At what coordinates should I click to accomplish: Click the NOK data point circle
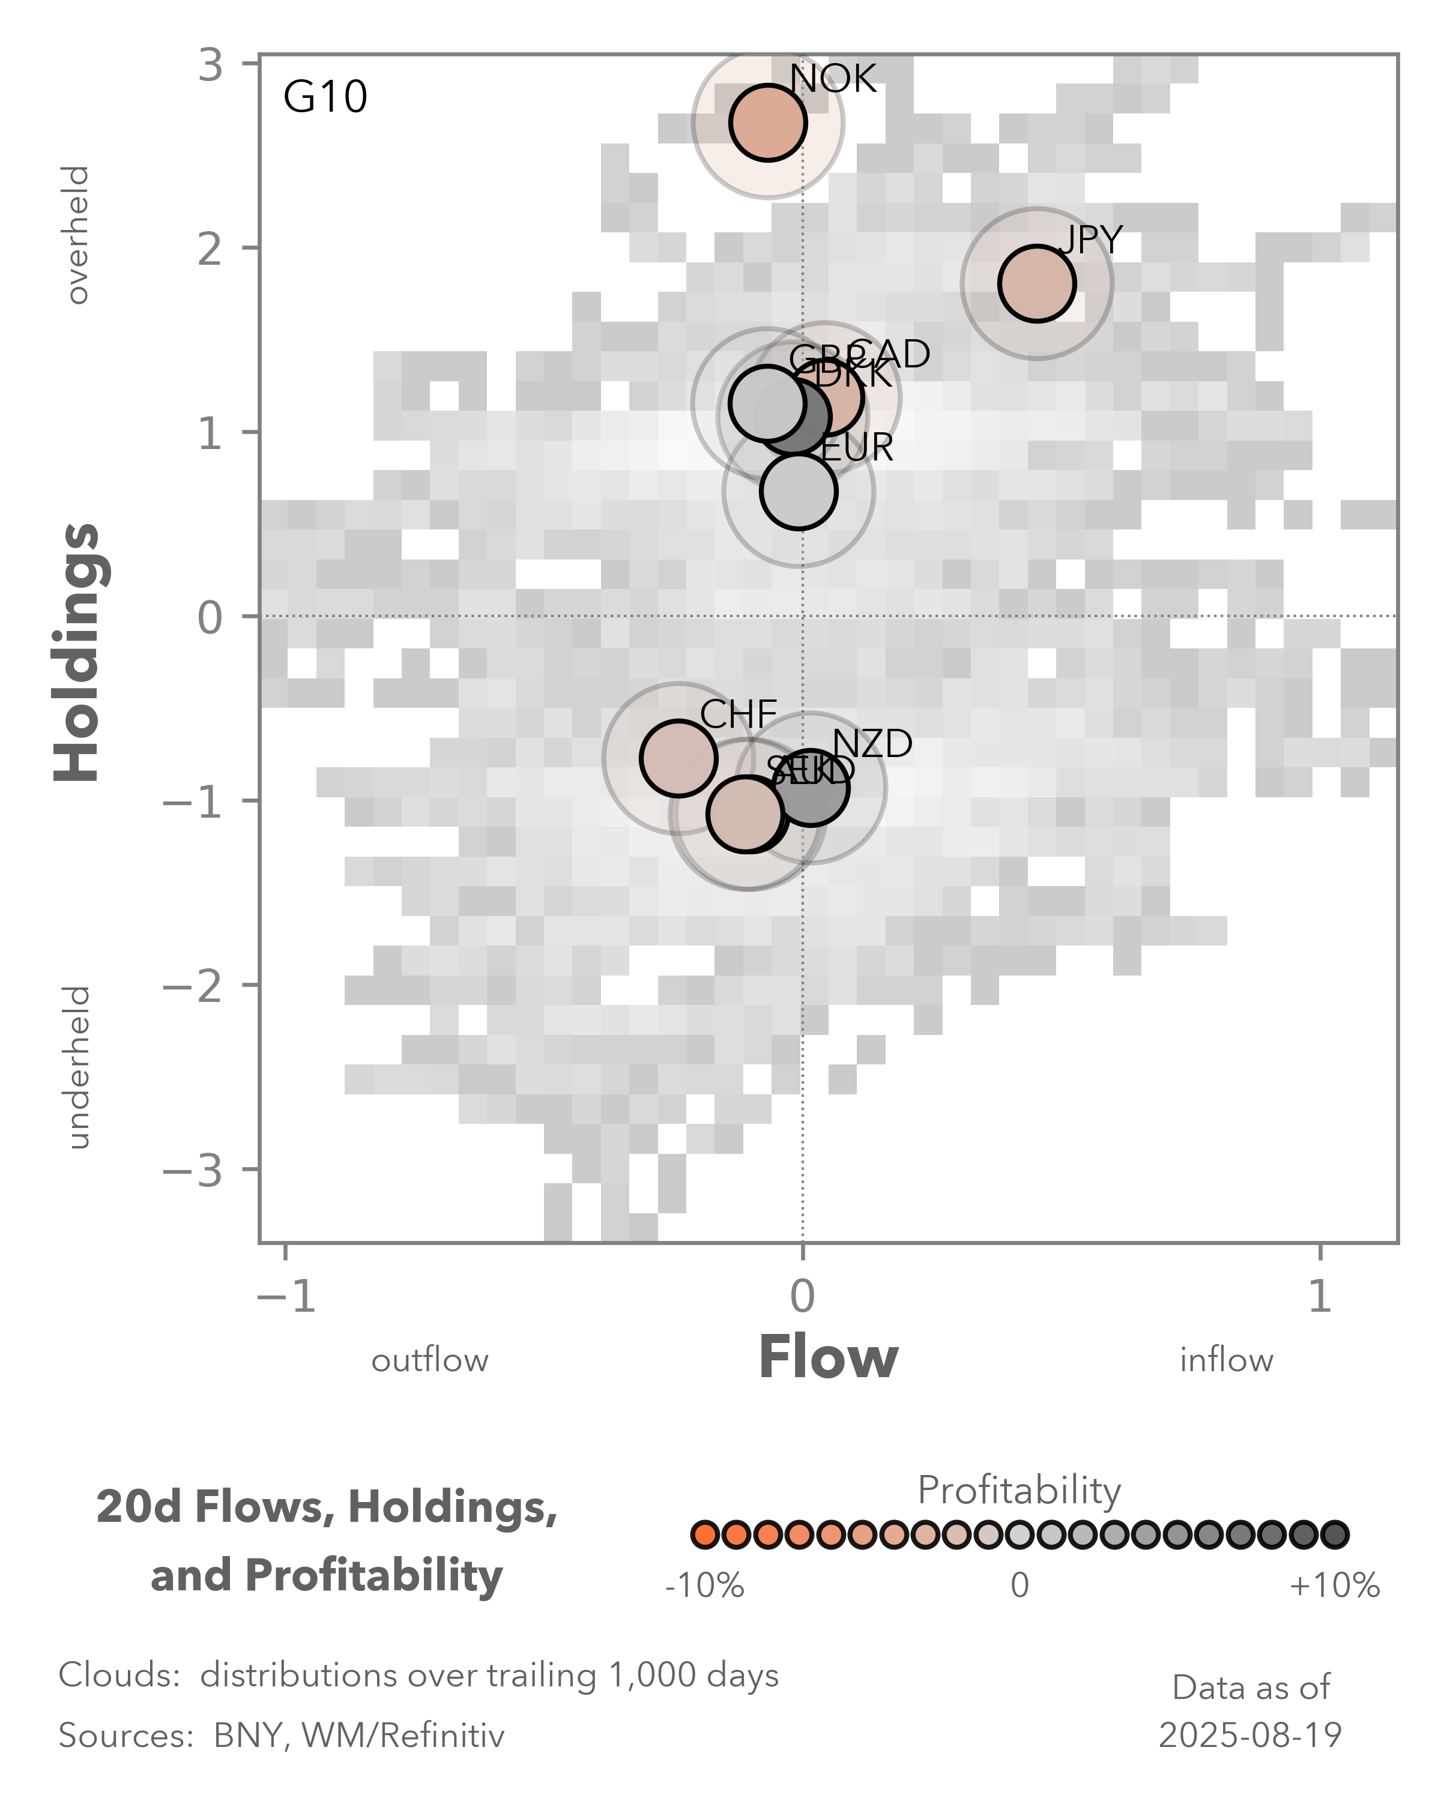pos(767,123)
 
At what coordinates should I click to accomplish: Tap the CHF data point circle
pos(678,758)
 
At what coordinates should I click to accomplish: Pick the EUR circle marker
pos(799,491)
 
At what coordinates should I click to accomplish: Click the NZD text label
pos(872,743)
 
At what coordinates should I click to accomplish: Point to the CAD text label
pos(889,354)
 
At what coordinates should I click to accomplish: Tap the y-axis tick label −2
pos(193,986)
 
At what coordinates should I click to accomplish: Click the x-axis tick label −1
pos(286,1297)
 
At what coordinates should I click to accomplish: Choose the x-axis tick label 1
pos(1319,1297)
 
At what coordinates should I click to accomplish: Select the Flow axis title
pos(828,1357)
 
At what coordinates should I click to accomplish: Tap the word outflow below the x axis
pos(429,1361)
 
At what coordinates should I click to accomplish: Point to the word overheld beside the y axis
pos(77,235)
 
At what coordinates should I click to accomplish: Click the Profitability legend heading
pos(1019,1490)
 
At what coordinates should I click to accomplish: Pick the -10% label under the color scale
pos(704,1585)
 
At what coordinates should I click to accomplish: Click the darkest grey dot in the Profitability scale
pos(1334,1534)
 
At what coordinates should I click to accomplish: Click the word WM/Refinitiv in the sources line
pos(403,1736)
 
